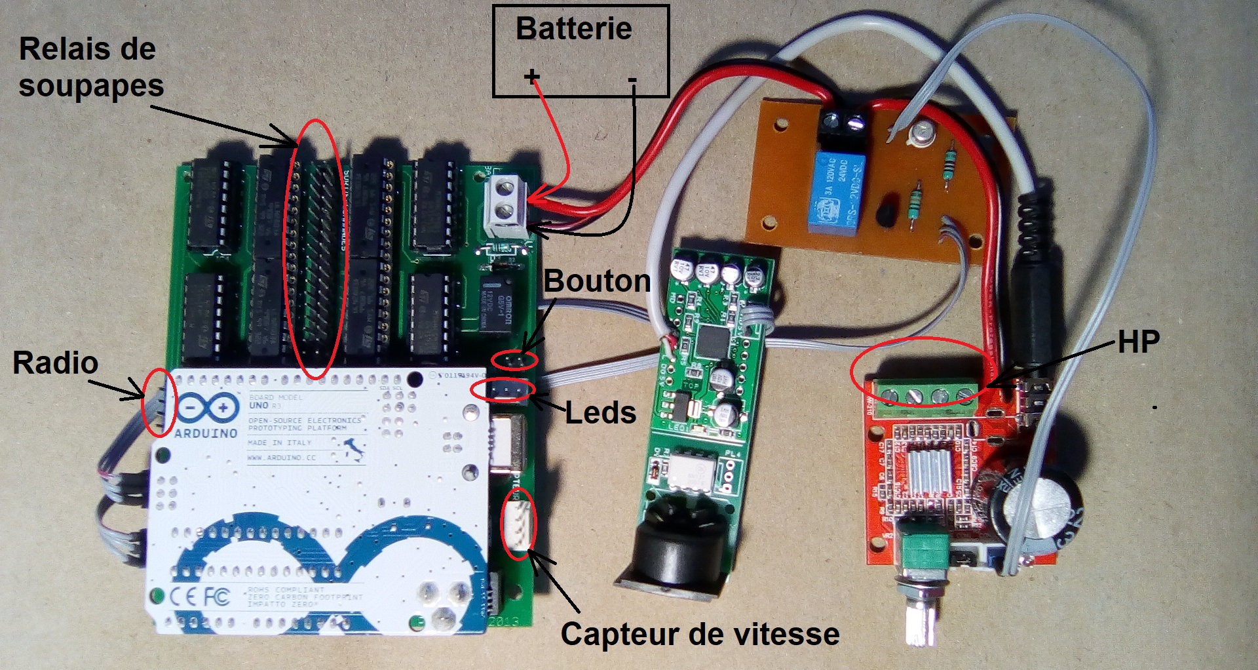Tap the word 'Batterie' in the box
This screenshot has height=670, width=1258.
coord(574,30)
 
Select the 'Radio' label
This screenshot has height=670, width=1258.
coord(56,363)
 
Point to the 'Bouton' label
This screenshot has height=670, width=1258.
coord(597,281)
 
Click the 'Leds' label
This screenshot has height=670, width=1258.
coord(600,413)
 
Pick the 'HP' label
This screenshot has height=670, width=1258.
coord(1138,342)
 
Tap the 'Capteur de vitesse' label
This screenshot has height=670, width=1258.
coord(700,634)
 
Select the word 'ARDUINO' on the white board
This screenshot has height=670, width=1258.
coord(206,433)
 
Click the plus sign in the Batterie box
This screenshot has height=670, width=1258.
coord(531,77)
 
